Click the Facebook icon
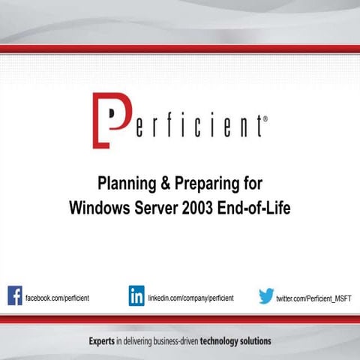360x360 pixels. tap(15, 295)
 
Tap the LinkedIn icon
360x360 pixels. tap(136, 295)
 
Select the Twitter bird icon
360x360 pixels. tap(266, 296)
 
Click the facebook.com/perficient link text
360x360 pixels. tap(57, 298)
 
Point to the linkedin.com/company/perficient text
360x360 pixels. tap(190, 298)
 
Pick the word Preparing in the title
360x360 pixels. tap(207, 184)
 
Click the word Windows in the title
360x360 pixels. tap(98, 207)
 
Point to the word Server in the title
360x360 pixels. tap(154, 207)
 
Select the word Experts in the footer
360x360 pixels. tap(101, 341)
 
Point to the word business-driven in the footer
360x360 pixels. tap(166, 341)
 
